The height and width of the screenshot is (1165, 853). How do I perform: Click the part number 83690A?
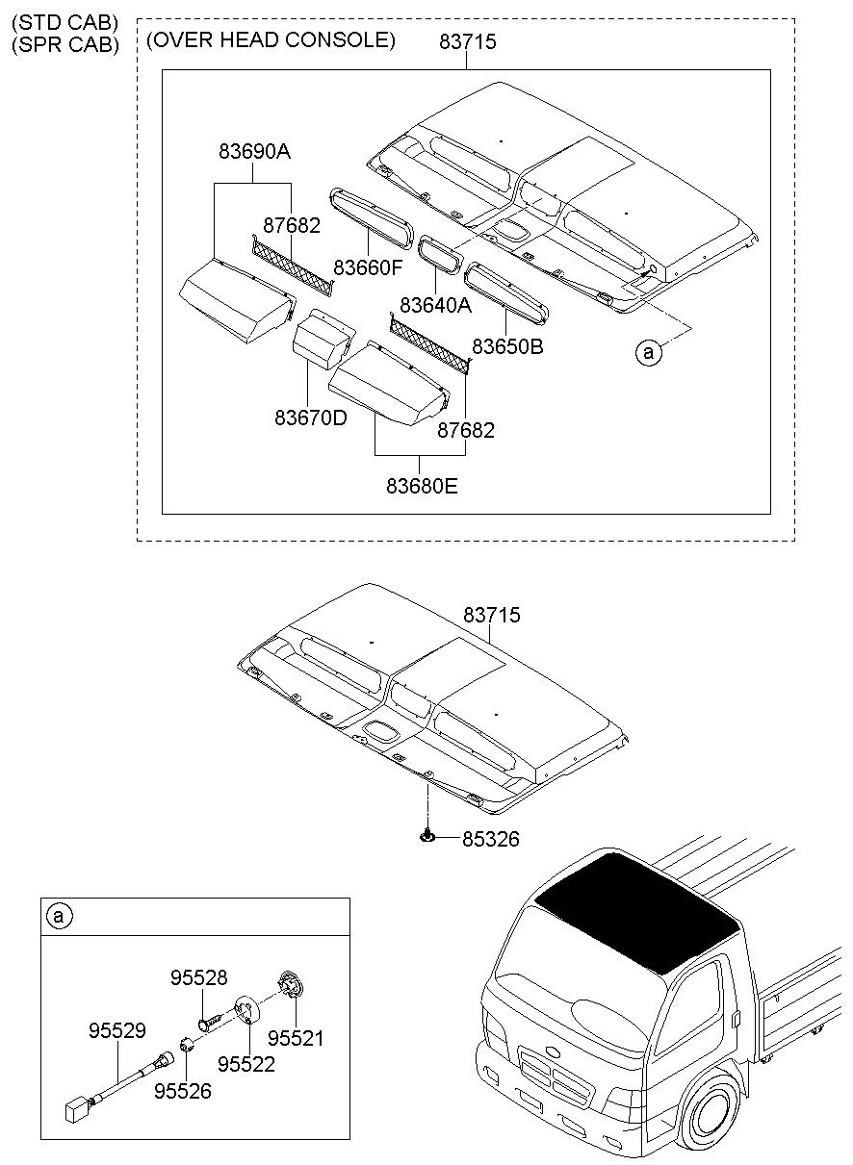[254, 151]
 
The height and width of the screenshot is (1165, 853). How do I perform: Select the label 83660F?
[368, 267]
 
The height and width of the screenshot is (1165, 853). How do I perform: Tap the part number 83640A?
[435, 305]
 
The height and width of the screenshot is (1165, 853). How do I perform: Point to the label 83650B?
[507, 346]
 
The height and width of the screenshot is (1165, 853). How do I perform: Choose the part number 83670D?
[311, 418]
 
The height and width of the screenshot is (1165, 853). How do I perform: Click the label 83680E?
[422, 486]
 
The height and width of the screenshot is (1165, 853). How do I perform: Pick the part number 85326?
[491, 839]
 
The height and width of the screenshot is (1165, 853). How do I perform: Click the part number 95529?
[117, 1030]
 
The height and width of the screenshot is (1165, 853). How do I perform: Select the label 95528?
[198, 977]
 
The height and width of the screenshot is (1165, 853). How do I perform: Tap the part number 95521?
[296, 1038]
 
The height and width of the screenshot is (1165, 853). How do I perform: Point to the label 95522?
[246, 1064]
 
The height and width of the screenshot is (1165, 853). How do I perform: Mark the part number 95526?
[183, 1091]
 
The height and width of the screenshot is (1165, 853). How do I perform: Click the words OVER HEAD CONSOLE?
[271, 40]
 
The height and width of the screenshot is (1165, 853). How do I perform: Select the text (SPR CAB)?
[65, 44]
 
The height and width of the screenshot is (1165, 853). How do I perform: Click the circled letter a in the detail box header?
[59, 916]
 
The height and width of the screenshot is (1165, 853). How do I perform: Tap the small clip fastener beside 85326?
[427, 836]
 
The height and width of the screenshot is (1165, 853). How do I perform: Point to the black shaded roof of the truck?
[637, 913]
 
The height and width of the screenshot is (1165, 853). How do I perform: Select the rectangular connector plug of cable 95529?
[75, 1111]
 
